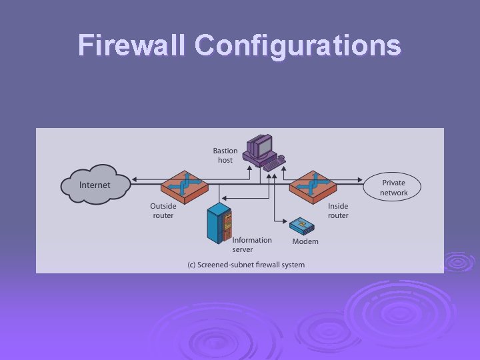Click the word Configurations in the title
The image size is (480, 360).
pyautogui.click(x=298, y=45)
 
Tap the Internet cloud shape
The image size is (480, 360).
pyautogui.click(x=95, y=183)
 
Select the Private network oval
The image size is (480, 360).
pyautogui.click(x=393, y=188)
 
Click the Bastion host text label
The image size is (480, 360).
pyautogui.click(x=225, y=155)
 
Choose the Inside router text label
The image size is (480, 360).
pyautogui.click(x=338, y=211)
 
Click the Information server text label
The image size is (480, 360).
pyautogui.click(x=252, y=245)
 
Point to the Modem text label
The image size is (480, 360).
pyautogui.click(x=305, y=241)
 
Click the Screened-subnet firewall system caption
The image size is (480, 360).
pyautogui.click(x=245, y=265)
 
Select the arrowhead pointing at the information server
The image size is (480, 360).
pyautogui.click(x=223, y=198)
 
